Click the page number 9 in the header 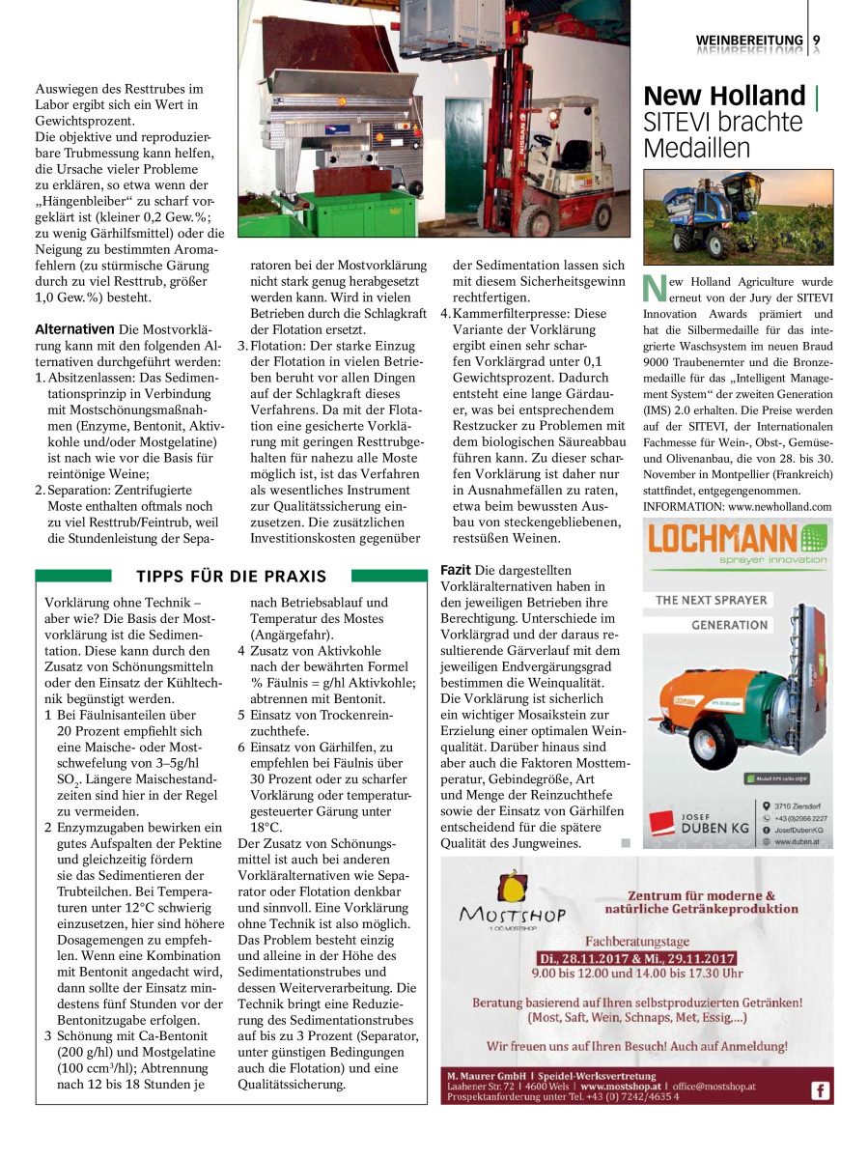(x=817, y=40)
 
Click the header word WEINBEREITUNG (x=749, y=40)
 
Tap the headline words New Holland (x=724, y=97)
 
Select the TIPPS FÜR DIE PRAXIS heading (x=232, y=577)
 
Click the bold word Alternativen (x=73, y=328)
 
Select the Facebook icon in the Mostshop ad (x=819, y=1090)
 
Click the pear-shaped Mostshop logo (x=514, y=888)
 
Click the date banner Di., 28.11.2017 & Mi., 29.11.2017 (x=636, y=958)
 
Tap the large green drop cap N (x=654, y=289)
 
